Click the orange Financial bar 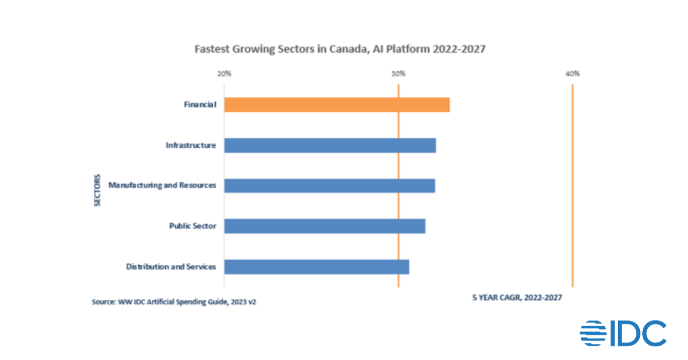pyautogui.click(x=337, y=105)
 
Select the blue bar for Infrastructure pyautogui.click(x=330, y=146)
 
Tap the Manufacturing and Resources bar pyautogui.click(x=329, y=186)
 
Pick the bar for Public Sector pyautogui.click(x=325, y=226)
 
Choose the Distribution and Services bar pyautogui.click(x=316, y=267)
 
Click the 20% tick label pyautogui.click(x=224, y=74)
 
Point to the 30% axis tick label pyautogui.click(x=398, y=74)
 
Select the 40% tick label pyautogui.click(x=573, y=74)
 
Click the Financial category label pyautogui.click(x=200, y=105)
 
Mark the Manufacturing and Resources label pyautogui.click(x=162, y=186)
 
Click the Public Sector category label pyautogui.click(x=192, y=226)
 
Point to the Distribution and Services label pyautogui.click(x=171, y=267)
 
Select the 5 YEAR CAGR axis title pyautogui.click(x=517, y=298)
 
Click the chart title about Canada pyautogui.click(x=340, y=49)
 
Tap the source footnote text pyautogui.click(x=174, y=301)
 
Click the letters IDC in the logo pyautogui.click(x=638, y=334)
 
